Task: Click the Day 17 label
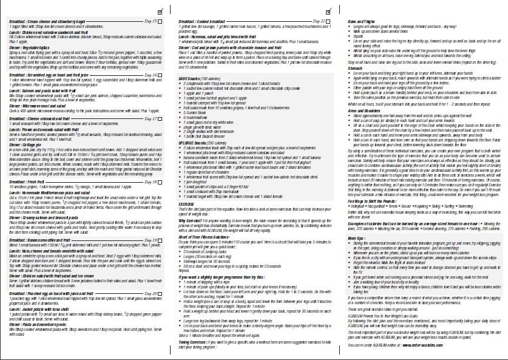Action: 149,102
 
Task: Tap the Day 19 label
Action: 149,224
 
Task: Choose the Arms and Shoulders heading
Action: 365,110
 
